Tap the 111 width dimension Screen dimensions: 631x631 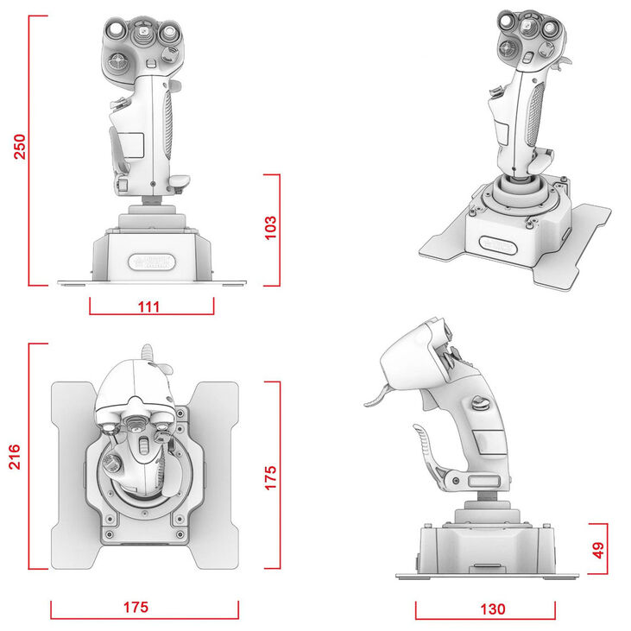pos(151,305)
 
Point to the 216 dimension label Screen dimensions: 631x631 pos(16,457)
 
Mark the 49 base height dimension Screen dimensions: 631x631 pos(599,549)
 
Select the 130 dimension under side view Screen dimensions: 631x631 pos(491,609)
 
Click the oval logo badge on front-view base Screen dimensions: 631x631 pos(151,262)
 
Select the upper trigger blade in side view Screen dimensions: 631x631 pos(376,398)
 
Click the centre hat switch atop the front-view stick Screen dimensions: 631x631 pos(141,36)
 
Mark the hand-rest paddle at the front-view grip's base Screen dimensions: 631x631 pos(180,181)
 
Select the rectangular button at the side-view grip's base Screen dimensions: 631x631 pos(479,479)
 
